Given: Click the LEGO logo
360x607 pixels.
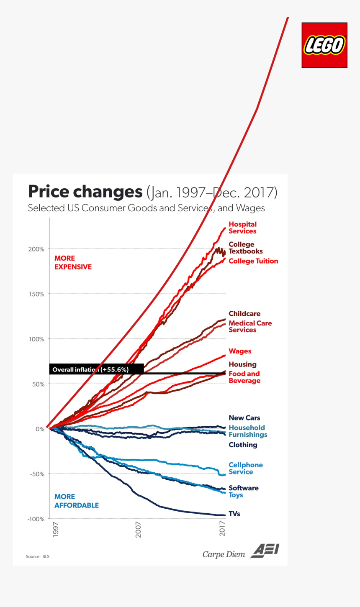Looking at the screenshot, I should coord(324,45).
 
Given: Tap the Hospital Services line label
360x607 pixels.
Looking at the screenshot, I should coord(242,228).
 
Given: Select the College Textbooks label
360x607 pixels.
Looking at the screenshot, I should coord(245,248).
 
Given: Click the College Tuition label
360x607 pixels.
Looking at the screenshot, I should coord(253,261).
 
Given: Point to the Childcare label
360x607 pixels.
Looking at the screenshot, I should coord(244,314).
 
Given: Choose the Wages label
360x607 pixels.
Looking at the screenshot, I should coord(240,351).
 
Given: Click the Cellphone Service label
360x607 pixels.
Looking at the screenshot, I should coord(246,469).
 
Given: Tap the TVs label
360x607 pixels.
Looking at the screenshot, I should coord(234,514).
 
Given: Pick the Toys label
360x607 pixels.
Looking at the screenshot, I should coord(236,495).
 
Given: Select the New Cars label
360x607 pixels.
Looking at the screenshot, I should coord(244,418).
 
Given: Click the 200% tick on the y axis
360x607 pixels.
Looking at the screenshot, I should coord(36,249).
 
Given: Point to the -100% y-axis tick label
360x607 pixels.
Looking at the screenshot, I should coord(36,519).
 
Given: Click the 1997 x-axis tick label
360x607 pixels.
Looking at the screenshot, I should coord(56,529).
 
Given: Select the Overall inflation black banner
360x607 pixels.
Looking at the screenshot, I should coord(96,369).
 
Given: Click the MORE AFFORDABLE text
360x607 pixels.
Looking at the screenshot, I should coord(77,501).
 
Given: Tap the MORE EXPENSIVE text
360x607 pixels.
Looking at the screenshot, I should coord(73,263).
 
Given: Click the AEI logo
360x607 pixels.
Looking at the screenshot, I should coord(265,551).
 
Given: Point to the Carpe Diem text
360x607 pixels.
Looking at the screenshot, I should coord(224,554).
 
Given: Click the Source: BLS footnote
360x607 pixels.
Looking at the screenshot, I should coord(37,557).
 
